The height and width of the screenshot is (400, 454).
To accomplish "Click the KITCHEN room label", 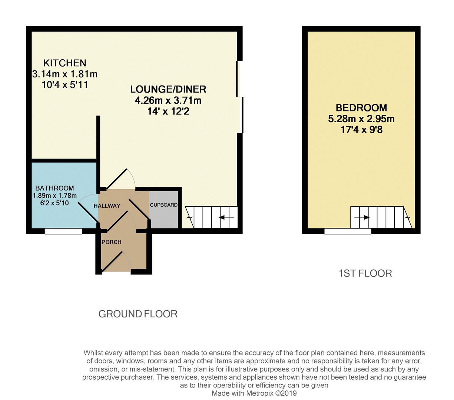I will click(x=65, y=63).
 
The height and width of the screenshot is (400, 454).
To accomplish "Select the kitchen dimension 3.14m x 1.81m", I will click(x=65, y=74).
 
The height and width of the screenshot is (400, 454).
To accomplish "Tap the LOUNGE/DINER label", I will click(x=168, y=89).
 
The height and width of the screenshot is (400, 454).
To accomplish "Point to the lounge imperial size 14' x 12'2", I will click(x=168, y=111).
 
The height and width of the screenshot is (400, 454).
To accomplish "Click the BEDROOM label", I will click(x=361, y=108).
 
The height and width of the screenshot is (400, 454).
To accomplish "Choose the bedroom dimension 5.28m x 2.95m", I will click(x=361, y=119).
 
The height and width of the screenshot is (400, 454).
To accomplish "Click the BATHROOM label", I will click(x=54, y=188).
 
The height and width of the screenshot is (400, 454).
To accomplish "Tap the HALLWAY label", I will click(x=107, y=206).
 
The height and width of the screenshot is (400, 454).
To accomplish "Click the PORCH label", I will click(x=111, y=242).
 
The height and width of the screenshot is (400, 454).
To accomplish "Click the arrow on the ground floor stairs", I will click(x=226, y=217).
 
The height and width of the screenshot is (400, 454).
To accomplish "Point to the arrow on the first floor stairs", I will click(x=362, y=217).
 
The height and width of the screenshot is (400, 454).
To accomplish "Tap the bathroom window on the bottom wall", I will click(x=63, y=231).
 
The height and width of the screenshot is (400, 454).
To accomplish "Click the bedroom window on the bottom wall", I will click(x=348, y=231).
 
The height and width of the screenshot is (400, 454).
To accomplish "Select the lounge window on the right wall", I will click(x=240, y=97).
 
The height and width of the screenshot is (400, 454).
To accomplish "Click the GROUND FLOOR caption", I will click(x=138, y=314).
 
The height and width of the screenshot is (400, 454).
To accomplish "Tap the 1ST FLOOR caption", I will click(x=365, y=273).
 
